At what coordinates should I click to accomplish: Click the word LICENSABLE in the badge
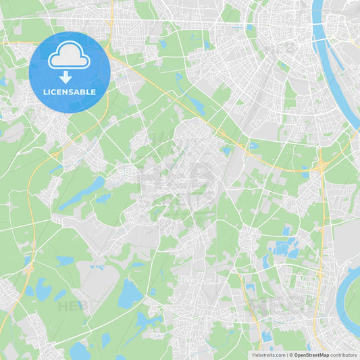point(69,92)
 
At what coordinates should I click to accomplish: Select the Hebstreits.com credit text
point(267,355)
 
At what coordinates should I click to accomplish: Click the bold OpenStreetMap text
point(311,355)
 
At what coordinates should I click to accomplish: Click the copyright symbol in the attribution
point(291,355)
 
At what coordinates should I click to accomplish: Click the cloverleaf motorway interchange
point(320,165)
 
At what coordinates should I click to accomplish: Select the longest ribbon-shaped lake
point(81,194)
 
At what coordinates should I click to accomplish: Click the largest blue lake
point(130,294)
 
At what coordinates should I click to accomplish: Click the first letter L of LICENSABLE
point(44,92)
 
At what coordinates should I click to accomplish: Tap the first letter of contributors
point(332,355)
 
